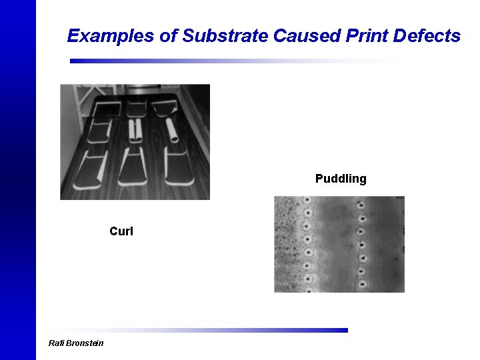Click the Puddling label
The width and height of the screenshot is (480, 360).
tap(341, 179)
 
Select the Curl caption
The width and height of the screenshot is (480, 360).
tap(121, 231)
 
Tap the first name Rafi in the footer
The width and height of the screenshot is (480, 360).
tap(55, 343)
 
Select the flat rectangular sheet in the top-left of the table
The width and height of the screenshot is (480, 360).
tap(104, 108)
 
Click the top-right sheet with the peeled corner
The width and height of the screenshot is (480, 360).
tap(164, 105)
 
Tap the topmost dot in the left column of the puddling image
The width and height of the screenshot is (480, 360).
tap(307, 200)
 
